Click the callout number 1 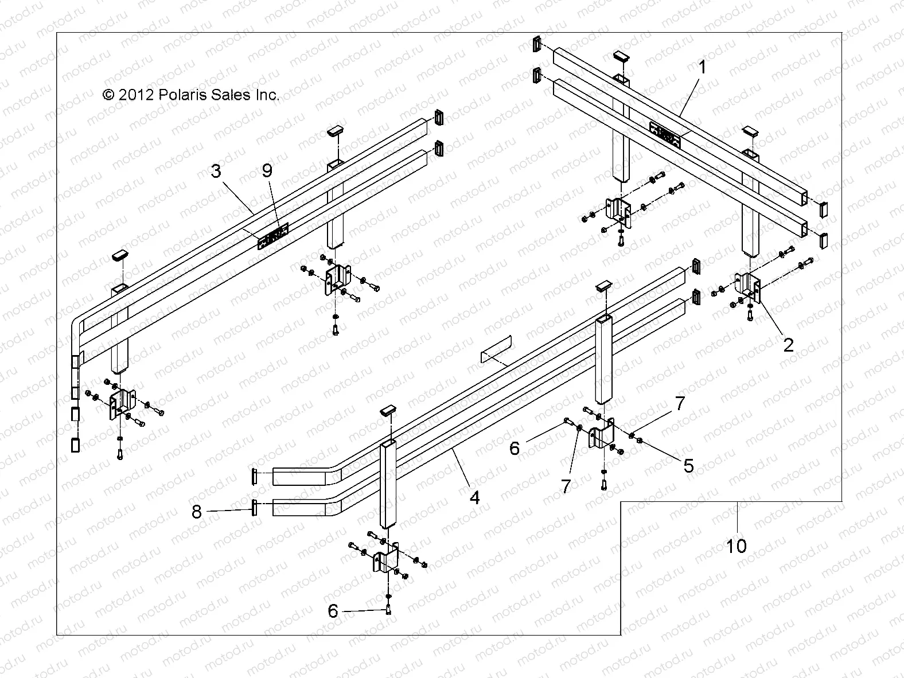click(702, 68)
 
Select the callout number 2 click(789, 345)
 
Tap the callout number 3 click(216, 171)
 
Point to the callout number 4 click(474, 497)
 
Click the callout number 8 click(197, 511)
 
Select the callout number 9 click(268, 170)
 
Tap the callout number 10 click(737, 545)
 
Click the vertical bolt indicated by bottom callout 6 click(389, 609)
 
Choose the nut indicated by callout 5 click(640, 441)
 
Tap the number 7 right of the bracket click(680, 404)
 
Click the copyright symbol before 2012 click(108, 95)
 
